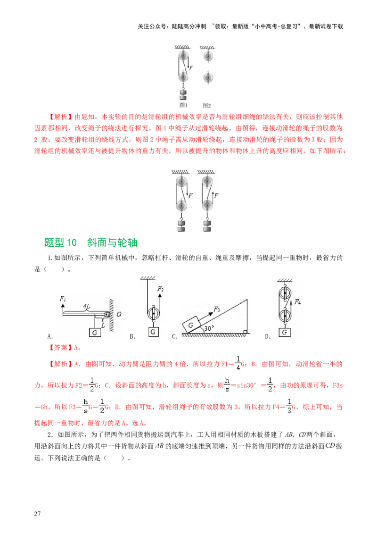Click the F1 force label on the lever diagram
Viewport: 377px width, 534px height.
click(x=63, y=299)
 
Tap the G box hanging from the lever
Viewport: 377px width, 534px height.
click(x=95, y=333)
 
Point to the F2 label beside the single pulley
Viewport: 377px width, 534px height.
click(x=160, y=288)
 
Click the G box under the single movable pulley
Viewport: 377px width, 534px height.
click(x=153, y=332)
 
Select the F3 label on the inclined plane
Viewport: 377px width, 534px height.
click(x=217, y=309)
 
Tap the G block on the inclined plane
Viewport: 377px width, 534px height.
click(x=191, y=325)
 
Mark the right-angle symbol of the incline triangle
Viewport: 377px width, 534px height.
click(x=245, y=333)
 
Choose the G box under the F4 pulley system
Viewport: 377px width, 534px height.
click(x=284, y=333)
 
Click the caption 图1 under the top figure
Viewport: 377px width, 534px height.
click(x=184, y=105)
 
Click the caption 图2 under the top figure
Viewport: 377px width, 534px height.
click(x=206, y=105)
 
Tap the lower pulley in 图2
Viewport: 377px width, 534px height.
click(x=207, y=77)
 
